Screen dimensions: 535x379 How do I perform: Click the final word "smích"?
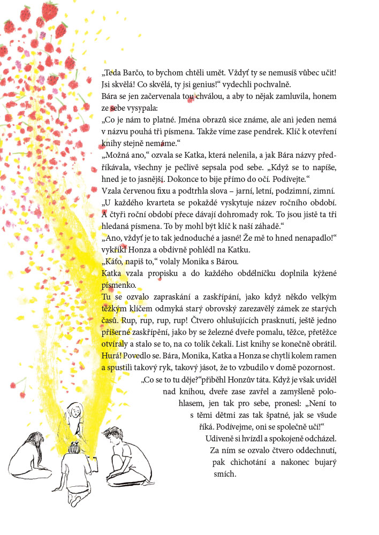pos(225,474)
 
